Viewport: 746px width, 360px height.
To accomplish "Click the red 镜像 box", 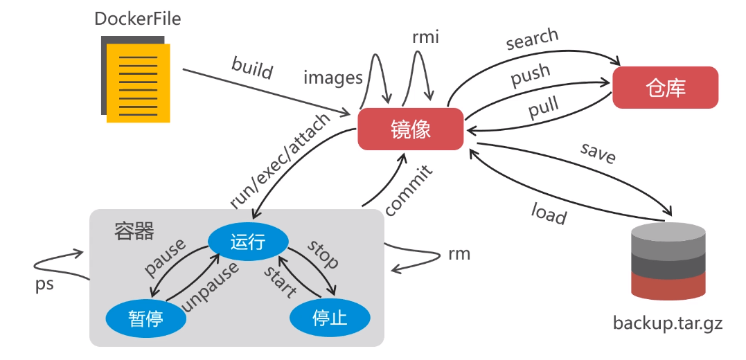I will (x=411, y=129).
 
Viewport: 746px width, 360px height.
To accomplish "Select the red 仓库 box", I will (x=665, y=88).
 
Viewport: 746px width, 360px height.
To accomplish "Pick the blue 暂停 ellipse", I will (x=145, y=318).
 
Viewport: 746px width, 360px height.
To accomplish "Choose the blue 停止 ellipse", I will (x=330, y=318).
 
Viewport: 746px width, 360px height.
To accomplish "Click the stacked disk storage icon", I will (x=668, y=262).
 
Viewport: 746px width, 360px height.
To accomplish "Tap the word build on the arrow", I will (x=252, y=69).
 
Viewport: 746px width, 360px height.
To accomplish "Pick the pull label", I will (x=544, y=108).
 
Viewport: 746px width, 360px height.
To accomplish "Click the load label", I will (x=549, y=214).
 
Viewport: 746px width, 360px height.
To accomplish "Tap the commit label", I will (x=409, y=190).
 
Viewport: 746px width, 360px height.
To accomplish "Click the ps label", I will (x=44, y=285).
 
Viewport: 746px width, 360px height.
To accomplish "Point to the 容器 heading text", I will (x=134, y=231).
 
